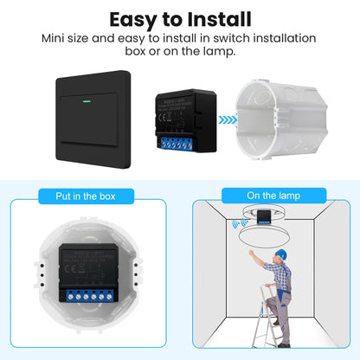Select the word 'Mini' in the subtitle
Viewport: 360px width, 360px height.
pyautogui.click(x=57, y=38)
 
